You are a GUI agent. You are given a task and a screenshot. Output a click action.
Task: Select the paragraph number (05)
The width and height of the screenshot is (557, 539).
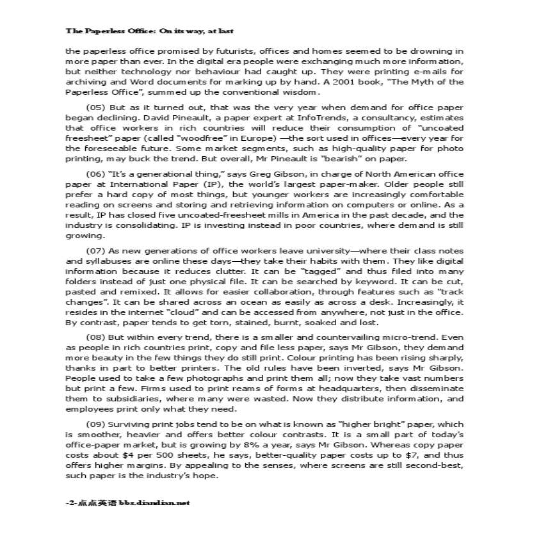click(x=95, y=108)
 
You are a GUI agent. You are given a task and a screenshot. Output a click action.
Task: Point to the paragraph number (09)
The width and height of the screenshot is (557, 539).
click(x=95, y=424)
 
